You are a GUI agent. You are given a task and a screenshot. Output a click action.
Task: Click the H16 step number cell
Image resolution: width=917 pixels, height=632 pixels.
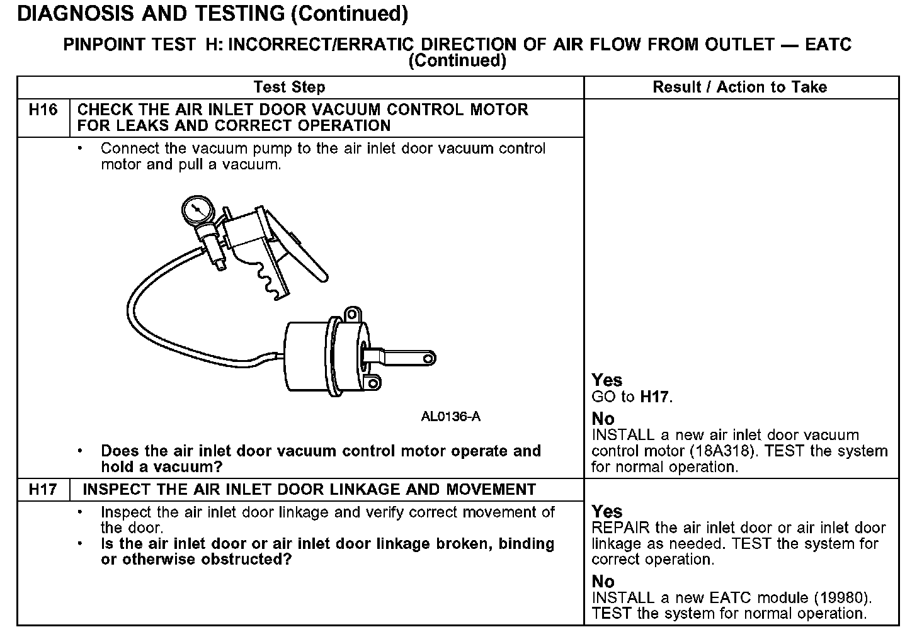pyautogui.click(x=43, y=111)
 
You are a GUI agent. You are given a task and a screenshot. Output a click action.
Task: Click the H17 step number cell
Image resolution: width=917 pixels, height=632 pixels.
pyautogui.click(x=43, y=490)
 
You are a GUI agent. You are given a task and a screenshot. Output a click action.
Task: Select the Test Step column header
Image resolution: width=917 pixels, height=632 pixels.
pyautogui.click(x=289, y=87)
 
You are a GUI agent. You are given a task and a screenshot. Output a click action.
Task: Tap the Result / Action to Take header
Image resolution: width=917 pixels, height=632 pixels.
pyautogui.click(x=740, y=87)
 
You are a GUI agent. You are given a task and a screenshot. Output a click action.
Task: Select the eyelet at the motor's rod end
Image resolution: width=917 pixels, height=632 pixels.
pyautogui.click(x=428, y=359)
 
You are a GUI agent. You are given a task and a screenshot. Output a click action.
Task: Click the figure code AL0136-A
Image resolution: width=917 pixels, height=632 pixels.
pyautogui.click(x=450, y=417)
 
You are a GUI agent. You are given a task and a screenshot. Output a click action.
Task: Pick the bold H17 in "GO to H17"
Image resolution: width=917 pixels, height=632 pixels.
pyautogui.click(x=655, y=397)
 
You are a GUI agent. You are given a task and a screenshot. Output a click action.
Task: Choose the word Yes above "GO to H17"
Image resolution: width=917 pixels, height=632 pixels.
pyautogui.click(x=607, y=380)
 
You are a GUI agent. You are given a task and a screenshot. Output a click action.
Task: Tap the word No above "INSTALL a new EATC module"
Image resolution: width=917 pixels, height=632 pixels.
pyautogui.click(x=603, y=582)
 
